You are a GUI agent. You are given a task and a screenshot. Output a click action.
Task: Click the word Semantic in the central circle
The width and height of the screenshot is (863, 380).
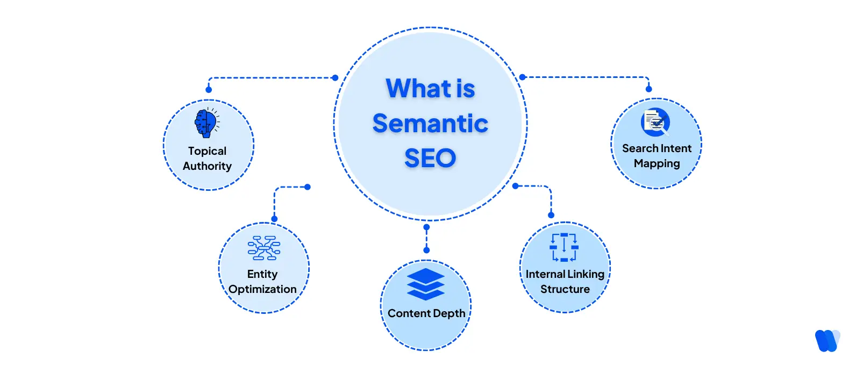point(430,124)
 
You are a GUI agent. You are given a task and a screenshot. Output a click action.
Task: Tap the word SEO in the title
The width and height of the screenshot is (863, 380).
point(430,159)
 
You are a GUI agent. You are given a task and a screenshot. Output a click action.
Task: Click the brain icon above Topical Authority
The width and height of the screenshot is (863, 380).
point(206,123)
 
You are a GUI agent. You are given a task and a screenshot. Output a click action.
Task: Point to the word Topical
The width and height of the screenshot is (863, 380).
point(207,151)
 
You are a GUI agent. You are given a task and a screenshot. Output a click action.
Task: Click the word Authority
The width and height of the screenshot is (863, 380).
point(207,166)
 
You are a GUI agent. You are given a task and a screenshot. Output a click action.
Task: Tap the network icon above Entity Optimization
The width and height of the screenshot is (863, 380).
point(263,248)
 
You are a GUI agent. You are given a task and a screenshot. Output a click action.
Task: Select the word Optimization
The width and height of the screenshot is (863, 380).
point(262,289)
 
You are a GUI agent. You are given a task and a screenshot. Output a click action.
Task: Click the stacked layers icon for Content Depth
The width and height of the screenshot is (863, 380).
point(426,284)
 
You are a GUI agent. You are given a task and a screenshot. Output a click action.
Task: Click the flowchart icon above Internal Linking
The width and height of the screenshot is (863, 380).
point(564,247)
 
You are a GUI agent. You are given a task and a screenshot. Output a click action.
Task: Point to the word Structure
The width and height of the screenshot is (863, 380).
point(565,289)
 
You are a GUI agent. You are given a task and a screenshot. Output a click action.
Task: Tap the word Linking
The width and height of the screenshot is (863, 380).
point(586,274)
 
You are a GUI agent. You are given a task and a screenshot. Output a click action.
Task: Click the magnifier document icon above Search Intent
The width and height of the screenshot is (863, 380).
point(655,123)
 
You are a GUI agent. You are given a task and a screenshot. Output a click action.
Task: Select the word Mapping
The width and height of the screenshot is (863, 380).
point(657,163)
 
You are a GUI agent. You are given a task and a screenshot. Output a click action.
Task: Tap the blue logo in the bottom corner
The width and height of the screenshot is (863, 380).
point(827,340)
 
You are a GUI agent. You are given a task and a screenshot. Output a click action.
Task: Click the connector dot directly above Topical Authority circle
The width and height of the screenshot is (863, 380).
point(209,90)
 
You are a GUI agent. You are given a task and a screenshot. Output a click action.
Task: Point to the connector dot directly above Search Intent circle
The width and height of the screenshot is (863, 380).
point(649,89)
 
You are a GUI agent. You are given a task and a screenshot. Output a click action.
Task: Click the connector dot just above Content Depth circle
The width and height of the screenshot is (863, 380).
point(426,250)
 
